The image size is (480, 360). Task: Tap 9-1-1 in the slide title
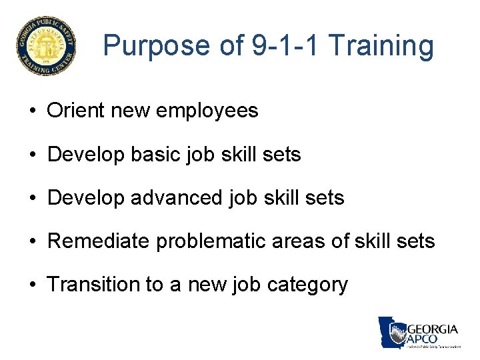pos(277,46)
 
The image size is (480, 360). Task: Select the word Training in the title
pos(382,46)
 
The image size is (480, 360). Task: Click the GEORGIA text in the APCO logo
pos(432,329)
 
